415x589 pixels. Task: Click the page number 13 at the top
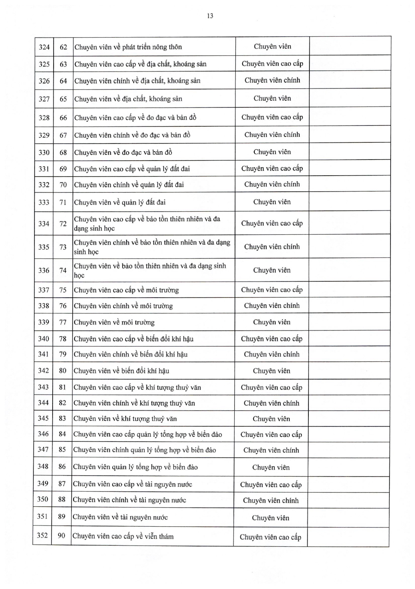210,16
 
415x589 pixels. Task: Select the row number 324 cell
44,47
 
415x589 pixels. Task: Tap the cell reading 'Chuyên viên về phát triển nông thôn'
128,47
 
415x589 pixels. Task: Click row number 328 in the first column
44,118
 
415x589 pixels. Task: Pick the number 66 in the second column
63,118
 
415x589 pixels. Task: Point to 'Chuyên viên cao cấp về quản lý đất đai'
132,169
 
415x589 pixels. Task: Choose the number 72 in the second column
63,224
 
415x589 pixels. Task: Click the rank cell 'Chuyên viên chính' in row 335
272,247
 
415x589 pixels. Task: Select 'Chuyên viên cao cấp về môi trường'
126,290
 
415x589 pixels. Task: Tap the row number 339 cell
44,322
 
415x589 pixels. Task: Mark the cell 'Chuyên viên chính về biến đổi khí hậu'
130,354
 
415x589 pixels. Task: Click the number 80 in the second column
63,371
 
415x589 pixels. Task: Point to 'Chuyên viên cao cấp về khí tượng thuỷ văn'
137,388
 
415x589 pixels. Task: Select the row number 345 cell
43,418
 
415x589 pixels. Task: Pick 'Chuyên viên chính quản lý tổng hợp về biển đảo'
144,450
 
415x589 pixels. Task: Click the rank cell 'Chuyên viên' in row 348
271,467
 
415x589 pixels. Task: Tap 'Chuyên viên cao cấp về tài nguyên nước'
132,484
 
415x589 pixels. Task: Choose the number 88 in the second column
62,499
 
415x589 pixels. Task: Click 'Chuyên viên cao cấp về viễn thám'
123,536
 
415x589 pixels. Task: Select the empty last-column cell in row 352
348,537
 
